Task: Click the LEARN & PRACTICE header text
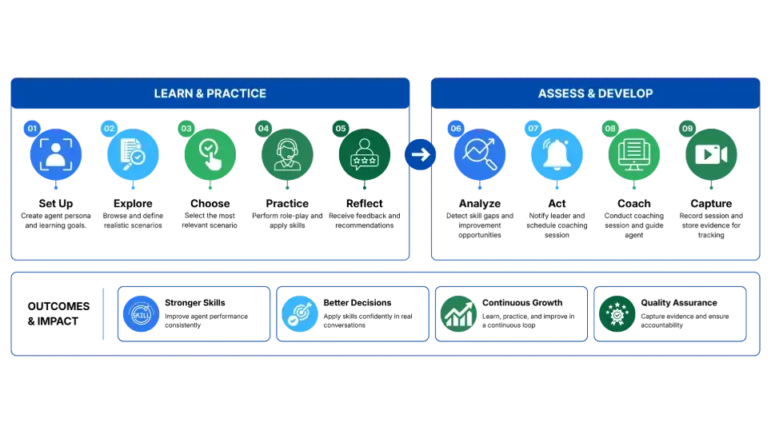210,94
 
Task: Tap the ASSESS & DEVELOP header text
596,94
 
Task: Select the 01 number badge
32,129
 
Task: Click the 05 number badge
341,129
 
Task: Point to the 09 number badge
687,129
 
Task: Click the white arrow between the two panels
421,155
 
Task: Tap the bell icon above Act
557,154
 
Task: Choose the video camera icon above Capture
711,154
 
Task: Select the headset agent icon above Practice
287,154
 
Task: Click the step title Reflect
365,204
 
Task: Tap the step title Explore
133,204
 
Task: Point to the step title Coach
633,204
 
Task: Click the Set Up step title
55,204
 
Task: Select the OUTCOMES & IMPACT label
58,313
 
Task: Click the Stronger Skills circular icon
141,313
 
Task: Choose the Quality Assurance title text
678,303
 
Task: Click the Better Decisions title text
358,303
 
